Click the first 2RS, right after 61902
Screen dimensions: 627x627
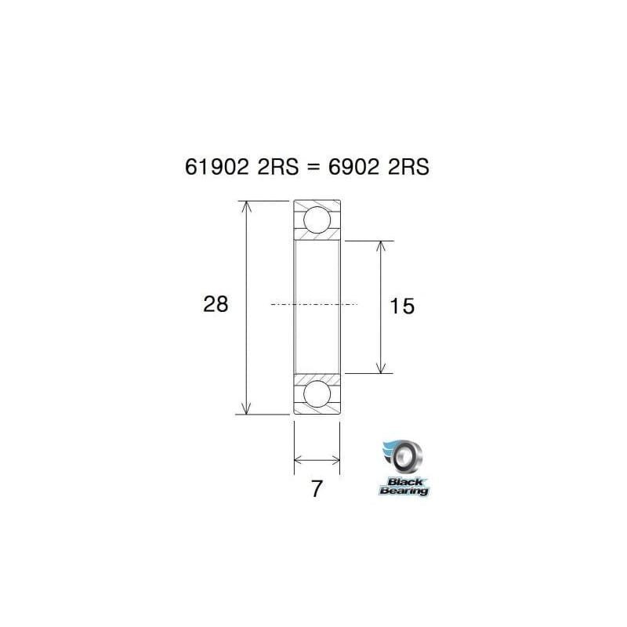coord(276,167)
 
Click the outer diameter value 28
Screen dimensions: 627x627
coord(216,304)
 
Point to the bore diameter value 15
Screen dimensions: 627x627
coord(401,306)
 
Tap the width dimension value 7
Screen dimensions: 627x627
coord(317,489)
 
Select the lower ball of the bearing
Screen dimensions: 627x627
coord(317,395)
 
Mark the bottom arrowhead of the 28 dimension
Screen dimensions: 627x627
coord(247,408)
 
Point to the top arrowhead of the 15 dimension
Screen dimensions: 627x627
coord(382,245)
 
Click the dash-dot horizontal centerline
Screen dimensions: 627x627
coord(313,304)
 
